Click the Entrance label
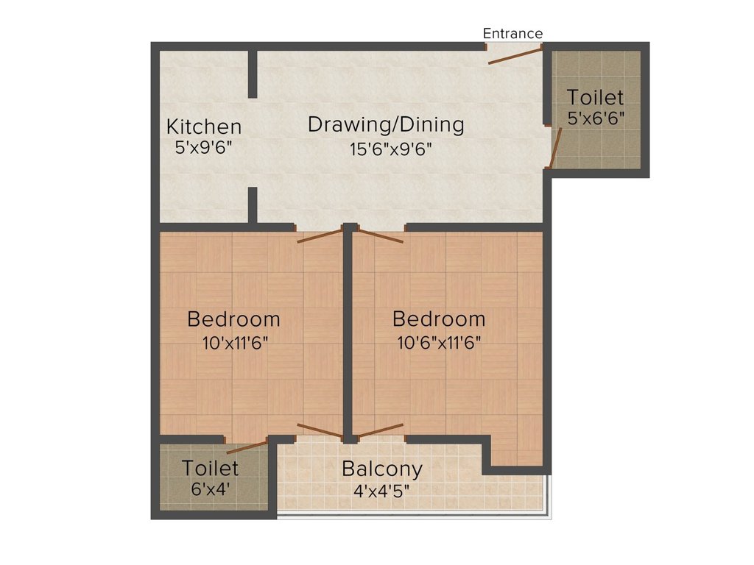(x=512, y=34)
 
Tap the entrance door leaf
(x=515, y=55)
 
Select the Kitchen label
(x=204, y=127)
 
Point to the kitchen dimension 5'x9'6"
(x=204, y=147)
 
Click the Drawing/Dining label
(x=386, y=124)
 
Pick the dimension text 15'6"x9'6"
(x=390, y=149)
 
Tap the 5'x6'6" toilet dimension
(x=595, y=118)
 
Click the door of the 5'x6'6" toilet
(x=555, y=147)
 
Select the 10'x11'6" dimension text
(x=235, y=343)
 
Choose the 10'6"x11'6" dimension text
(x=439, y=343)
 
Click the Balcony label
(x=382, y=469)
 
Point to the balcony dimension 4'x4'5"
(x=382, y=491)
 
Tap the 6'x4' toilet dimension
(x=210, y=489)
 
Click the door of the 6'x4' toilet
(x=247, y=447)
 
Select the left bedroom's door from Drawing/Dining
(x=320, y=236)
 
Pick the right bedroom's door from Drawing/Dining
(x=381, y=236)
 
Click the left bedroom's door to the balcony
(x=320, y=430)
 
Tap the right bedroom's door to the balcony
(x=381, y=430)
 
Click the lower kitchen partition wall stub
(x=253, y=206)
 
